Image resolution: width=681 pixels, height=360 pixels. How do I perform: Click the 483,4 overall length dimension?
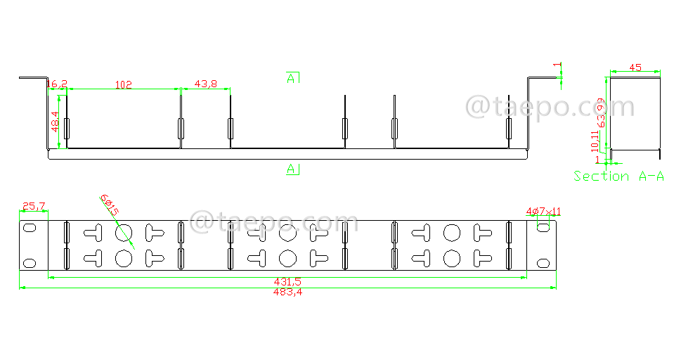coord(287,292)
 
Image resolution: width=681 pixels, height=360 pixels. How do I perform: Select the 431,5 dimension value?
coord(287,281)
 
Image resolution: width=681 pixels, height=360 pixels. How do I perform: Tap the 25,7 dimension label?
coord(34,206)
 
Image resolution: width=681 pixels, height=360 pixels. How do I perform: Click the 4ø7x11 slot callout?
coord(543,211)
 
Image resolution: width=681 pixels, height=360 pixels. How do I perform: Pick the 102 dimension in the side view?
coord(123,84)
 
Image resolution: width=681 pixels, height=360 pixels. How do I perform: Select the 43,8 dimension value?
coord(205,84)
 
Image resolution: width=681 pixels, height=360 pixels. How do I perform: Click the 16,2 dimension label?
coord(57,84)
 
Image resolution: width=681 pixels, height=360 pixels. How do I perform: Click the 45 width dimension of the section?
coord(635,67)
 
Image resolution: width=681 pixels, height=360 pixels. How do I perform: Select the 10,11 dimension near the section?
coord(595,141)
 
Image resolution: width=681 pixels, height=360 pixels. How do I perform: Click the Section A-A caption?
coord(618,176)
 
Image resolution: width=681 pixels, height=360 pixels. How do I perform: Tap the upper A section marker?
coord(292,77)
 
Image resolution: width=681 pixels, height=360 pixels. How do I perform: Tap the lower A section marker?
coord(292,169)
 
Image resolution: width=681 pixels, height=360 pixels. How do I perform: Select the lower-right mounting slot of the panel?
coord(543,262)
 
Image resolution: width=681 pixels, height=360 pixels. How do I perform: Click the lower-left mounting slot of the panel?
coord(30,263)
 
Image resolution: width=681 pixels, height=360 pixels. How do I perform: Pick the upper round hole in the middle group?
coord(286,232)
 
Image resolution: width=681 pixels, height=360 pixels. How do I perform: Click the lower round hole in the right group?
coord(451,258)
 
